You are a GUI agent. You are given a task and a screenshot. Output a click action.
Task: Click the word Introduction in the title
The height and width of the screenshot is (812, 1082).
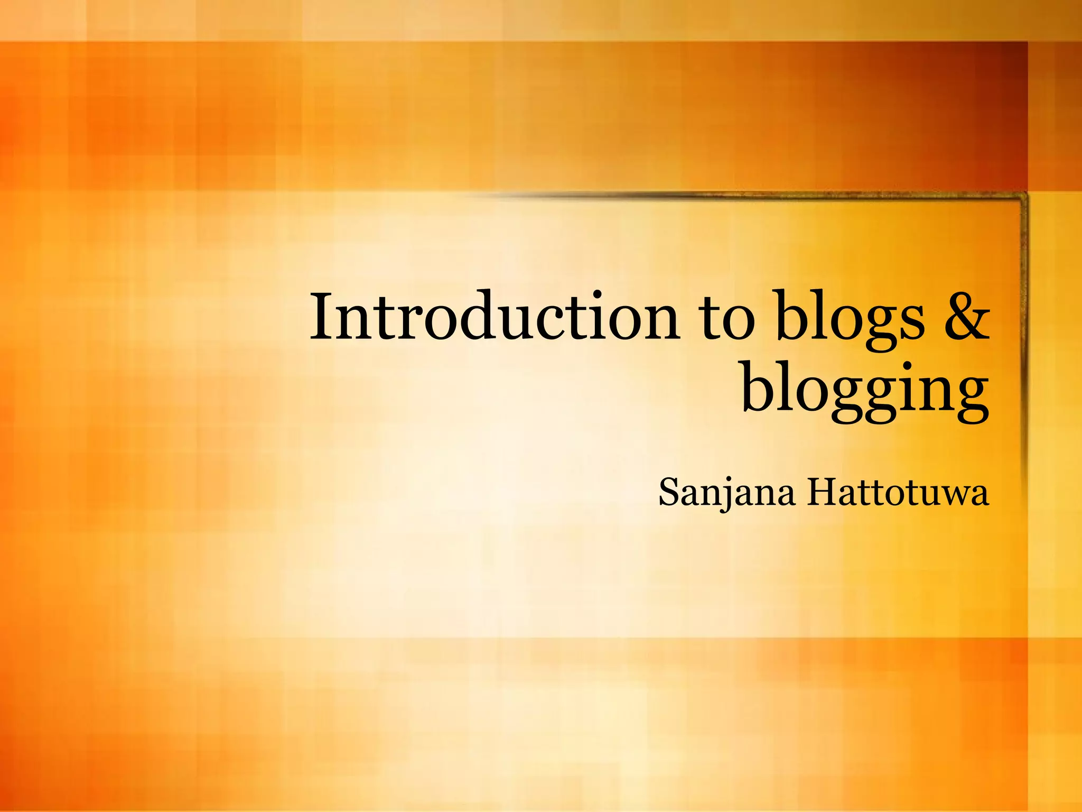click(x=494, y=317)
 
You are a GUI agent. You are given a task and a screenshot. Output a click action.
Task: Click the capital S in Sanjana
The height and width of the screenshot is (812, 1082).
click(x=669, y=492)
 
